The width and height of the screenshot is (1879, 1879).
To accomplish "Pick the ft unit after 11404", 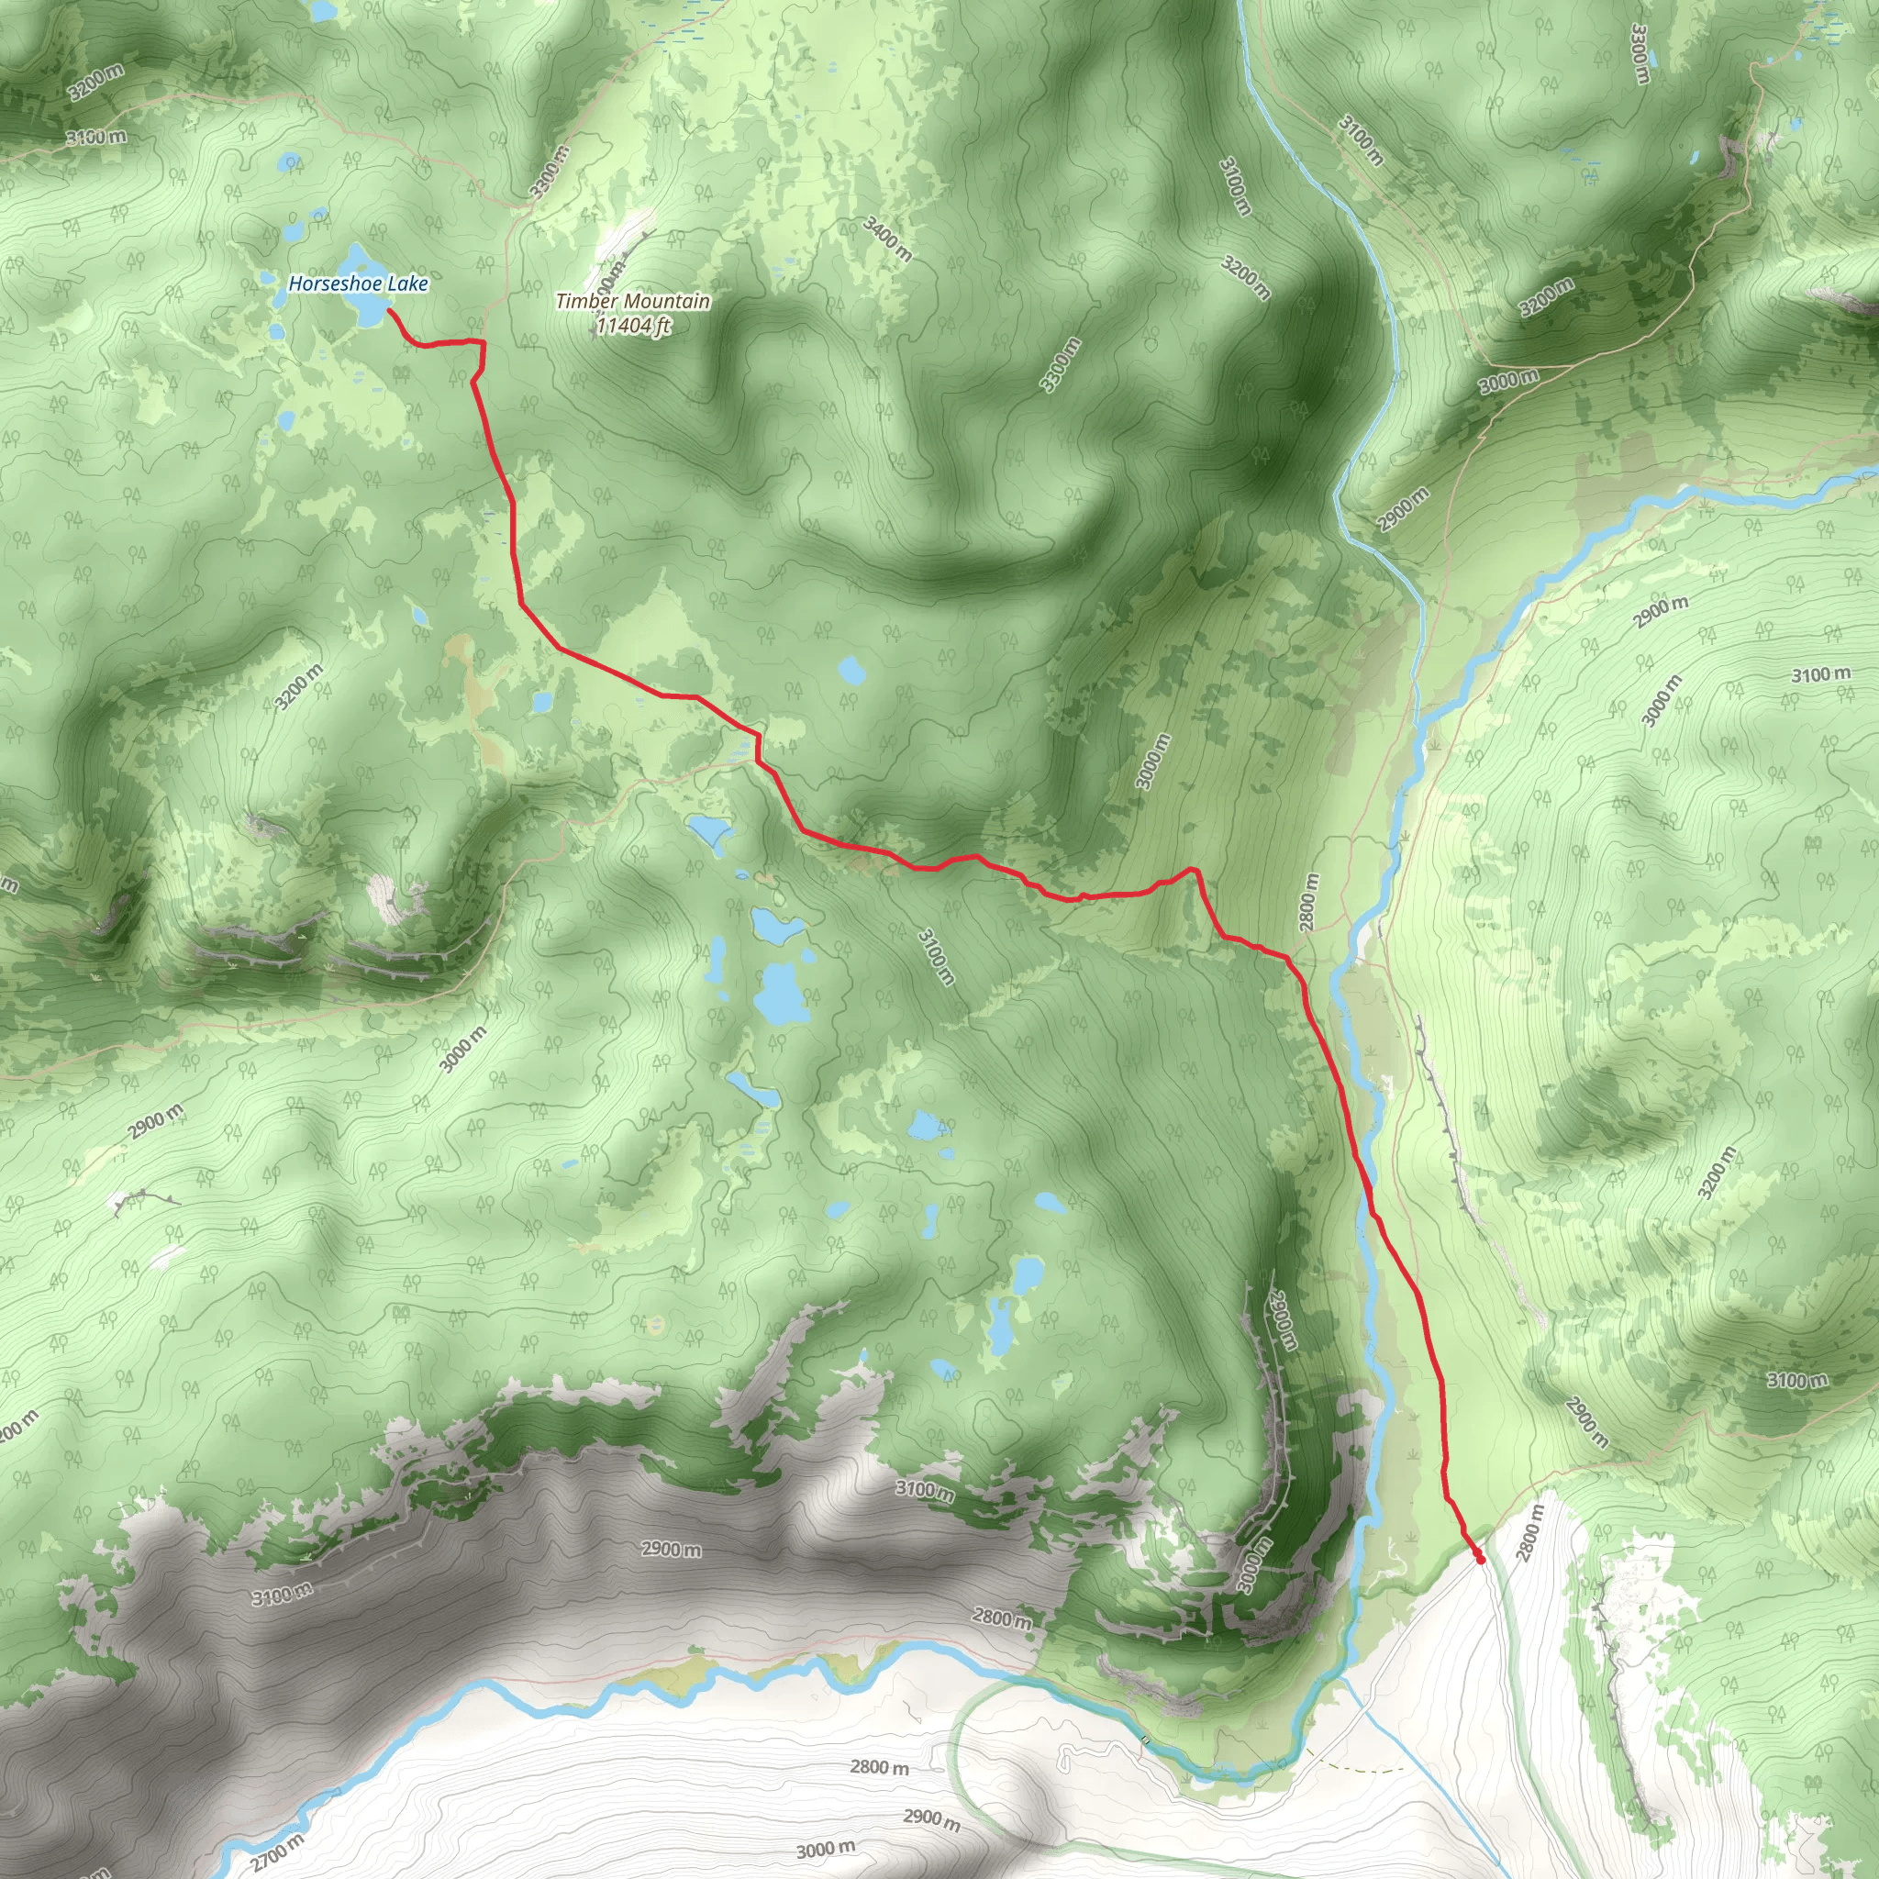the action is (662, 326).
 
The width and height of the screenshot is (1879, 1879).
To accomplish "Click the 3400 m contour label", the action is (887, 239).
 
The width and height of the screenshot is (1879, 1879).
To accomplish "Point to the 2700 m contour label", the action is (276, 1851).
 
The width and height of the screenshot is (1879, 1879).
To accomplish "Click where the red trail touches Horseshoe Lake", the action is (390, 311).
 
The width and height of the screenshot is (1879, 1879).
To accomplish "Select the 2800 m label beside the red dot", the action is (1529, 1533).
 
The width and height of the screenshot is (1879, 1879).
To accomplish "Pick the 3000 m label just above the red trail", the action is (1152, 762).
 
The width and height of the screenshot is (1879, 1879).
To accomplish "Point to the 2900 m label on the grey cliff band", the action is (670, 1550).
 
